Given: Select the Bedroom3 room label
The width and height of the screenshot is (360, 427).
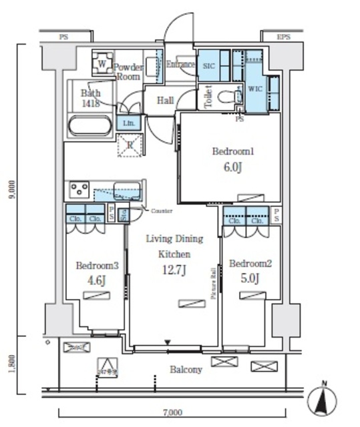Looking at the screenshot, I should click(97, 265).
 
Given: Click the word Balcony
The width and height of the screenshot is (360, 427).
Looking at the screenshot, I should click(185, 369).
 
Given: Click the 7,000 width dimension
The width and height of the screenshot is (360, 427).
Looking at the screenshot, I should click(172, 413).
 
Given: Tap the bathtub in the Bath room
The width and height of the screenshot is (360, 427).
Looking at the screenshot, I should click(92, 127).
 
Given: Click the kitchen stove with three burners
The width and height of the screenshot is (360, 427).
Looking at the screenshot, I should click(79, 189).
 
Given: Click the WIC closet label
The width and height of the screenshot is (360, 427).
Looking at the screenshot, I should click(255, 88).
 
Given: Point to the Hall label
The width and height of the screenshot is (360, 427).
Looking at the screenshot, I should click(166, 100).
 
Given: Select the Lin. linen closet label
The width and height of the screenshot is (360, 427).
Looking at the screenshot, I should click(128, 123).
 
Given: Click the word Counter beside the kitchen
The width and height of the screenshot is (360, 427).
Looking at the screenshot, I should click(162, 211).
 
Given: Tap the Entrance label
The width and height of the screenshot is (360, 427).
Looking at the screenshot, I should click(180, 65).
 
